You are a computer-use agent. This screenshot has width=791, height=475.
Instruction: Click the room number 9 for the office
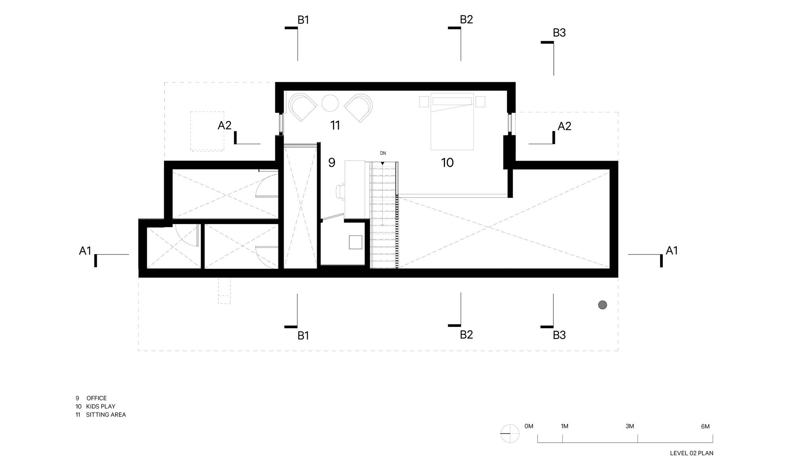tap(332, 163)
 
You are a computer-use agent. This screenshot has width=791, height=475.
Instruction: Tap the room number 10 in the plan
tap(447, 163)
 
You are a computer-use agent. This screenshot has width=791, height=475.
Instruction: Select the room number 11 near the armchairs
tap(335, 125)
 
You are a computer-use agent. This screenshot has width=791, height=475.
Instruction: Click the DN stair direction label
tap(383, 153)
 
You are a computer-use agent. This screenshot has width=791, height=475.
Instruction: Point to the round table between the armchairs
tap(330, 103)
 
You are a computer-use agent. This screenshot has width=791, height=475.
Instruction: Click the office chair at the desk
tap(340, 191)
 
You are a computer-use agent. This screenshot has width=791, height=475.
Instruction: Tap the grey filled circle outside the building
tap(602, 305)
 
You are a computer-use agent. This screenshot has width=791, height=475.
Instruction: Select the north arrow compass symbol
tap(510, 433)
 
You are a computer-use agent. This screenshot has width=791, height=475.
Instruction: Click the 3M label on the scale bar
tap(630, 426)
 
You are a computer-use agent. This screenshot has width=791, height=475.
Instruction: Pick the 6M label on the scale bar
tap(705, 426)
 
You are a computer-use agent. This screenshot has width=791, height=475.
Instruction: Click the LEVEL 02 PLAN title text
tap(691, 453)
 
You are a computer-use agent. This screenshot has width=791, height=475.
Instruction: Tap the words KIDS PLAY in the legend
tap(100, 407)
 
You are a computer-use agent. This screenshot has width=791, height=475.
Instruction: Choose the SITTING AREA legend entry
tap(106, 415)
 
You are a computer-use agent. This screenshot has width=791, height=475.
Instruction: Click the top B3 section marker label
tap(559, 33)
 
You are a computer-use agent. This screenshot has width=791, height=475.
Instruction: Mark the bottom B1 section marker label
tap(303, 336)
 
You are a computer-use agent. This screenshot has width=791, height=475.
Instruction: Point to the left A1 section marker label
tap(85, 251)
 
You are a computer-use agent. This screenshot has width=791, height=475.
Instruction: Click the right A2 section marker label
tap(564, 126)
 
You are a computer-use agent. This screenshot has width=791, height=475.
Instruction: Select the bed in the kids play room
tap(452, 122)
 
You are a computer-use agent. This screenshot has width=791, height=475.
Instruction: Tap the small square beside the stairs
tap(355, 242)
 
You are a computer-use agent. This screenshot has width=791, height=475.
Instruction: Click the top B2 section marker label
tap(466, 19)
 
